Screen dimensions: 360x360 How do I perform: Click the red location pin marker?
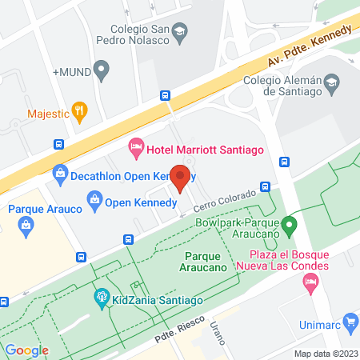pos(181,177)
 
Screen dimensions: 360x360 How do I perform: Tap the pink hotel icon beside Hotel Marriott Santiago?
pos(136,146)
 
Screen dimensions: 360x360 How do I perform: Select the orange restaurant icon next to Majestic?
pos(78,111)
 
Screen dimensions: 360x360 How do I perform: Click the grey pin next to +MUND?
pos(101,70)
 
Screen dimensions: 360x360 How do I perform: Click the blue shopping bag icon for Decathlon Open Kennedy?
pos(59,172)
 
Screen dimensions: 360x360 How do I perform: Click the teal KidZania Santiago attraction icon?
pos(102,298)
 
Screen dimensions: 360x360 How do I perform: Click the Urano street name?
pos(219,330)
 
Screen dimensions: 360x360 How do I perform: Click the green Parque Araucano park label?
pos(208,261)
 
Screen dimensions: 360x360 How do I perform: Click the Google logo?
pos(26,350)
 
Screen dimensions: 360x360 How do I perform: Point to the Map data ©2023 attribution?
pos(325,354)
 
